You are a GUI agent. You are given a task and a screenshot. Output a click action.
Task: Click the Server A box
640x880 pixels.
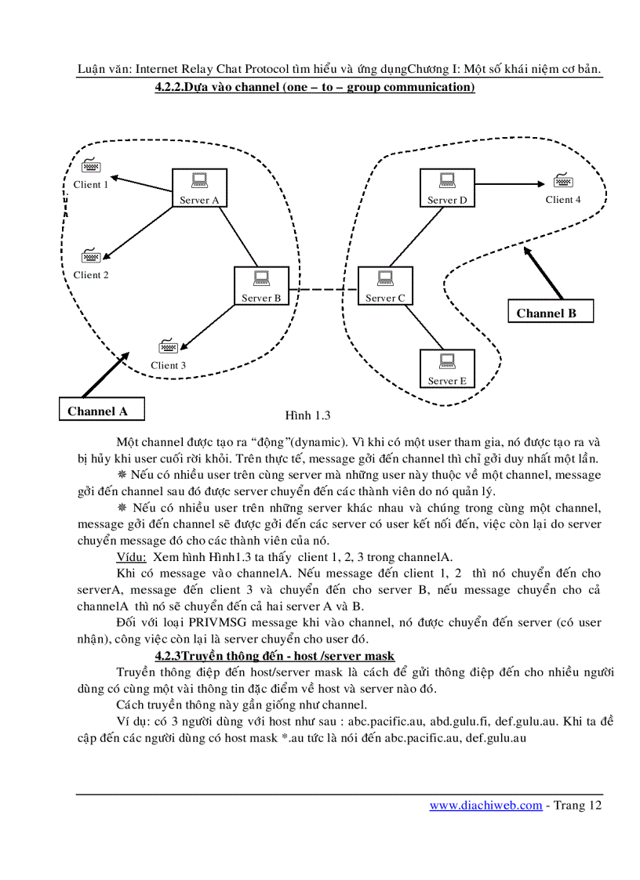[x=199, y=188]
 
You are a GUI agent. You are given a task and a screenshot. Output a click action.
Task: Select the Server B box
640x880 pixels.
[x=261, y=286]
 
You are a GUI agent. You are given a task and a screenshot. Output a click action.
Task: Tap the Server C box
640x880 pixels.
[x=385, y=286]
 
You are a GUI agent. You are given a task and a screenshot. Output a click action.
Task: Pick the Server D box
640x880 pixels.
[x=447, y=188]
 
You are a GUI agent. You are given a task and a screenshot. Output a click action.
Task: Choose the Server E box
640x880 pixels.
[x=447, y=369]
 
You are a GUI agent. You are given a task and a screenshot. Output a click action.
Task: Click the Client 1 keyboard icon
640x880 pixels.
[x=90, y=167]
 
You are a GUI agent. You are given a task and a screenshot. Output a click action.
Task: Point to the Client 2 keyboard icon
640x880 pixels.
[x=90, y=256]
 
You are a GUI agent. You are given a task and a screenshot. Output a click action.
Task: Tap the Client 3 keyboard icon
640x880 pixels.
[x=168, y=346]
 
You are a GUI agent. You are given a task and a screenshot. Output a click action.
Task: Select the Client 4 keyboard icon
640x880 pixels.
[x=562, y=181]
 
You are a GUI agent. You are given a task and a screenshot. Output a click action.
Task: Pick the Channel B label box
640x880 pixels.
[x=547, y=313]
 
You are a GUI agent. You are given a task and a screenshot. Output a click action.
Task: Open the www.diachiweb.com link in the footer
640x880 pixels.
[x=485, y=806]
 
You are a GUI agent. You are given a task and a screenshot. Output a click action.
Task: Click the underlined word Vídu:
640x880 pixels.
[x=131, y=557]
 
